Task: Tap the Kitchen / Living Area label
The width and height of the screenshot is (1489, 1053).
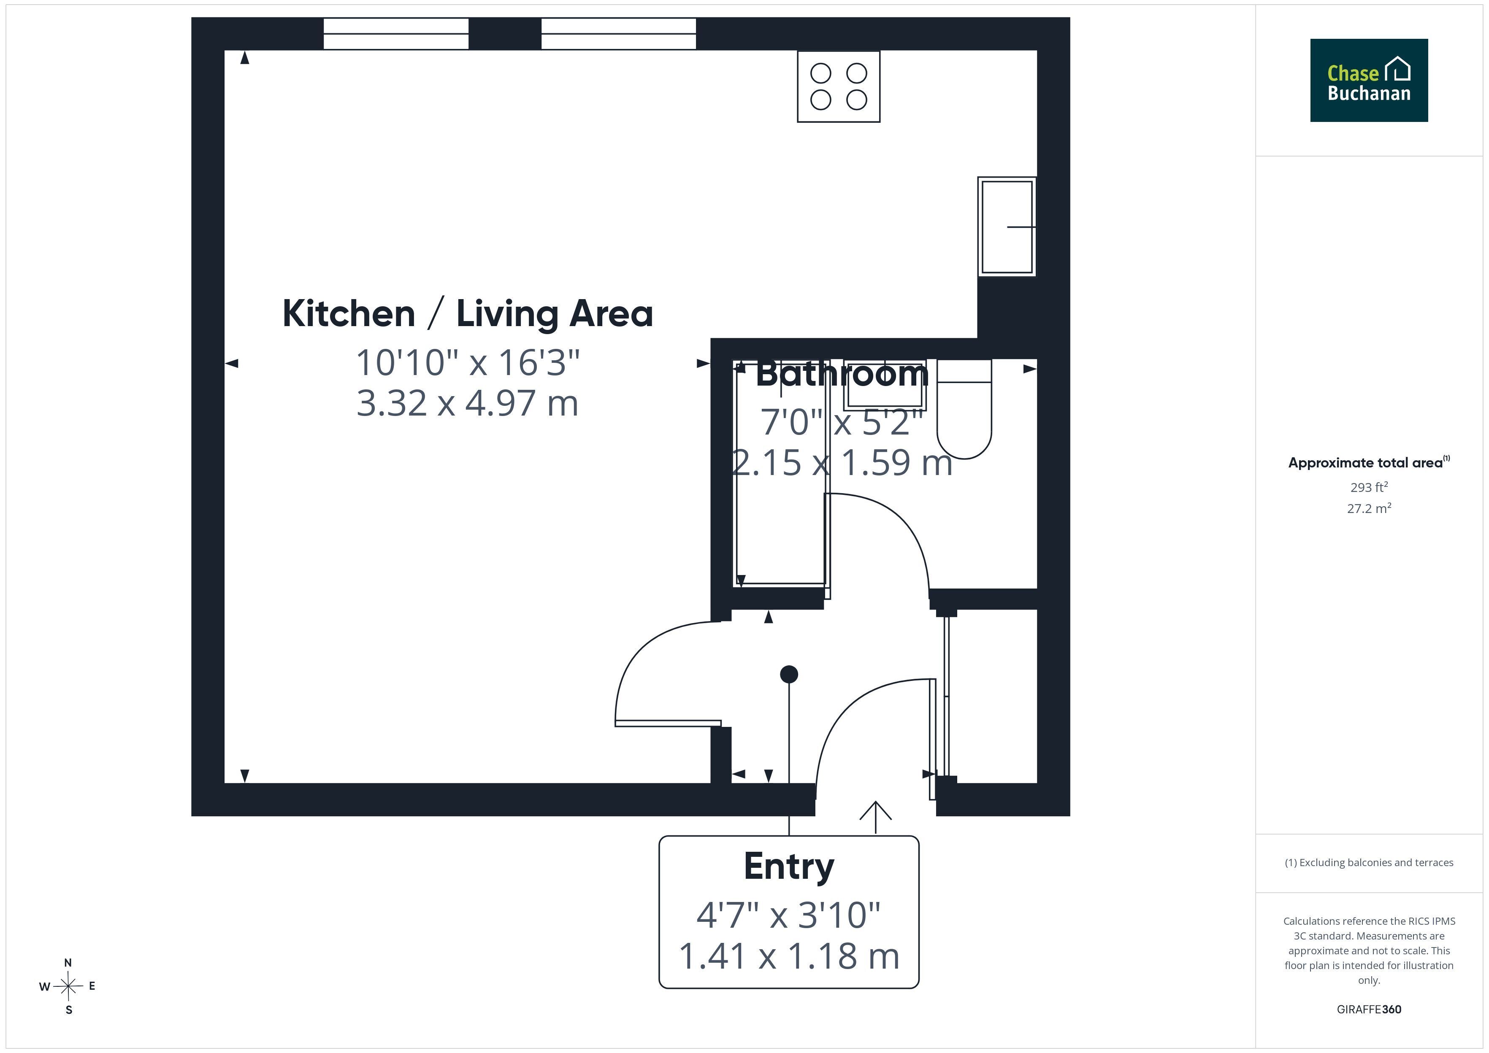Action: [x=468, y=314]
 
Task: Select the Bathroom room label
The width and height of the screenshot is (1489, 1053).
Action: [x=842, y=374]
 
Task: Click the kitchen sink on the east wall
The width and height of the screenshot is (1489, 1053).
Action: [x=1007, y=226]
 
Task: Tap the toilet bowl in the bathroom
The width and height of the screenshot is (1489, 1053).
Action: [x=964, y=410]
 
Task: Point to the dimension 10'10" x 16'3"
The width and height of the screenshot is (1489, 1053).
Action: [x=468, y=362]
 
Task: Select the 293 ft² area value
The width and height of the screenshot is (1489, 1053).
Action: [x=1369, y=487]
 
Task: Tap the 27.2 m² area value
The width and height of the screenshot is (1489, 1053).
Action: [x=1369, y=508]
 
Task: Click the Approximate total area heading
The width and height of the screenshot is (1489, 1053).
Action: [x=1368, y=462]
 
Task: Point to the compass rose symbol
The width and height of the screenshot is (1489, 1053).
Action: [x=68, y=986]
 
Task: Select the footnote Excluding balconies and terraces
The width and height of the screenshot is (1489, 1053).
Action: [x=1369, y=862]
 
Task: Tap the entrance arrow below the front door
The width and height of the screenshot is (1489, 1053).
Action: [x=875, y=817]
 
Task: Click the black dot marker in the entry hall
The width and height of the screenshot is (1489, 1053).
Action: [x=788, y=674]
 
